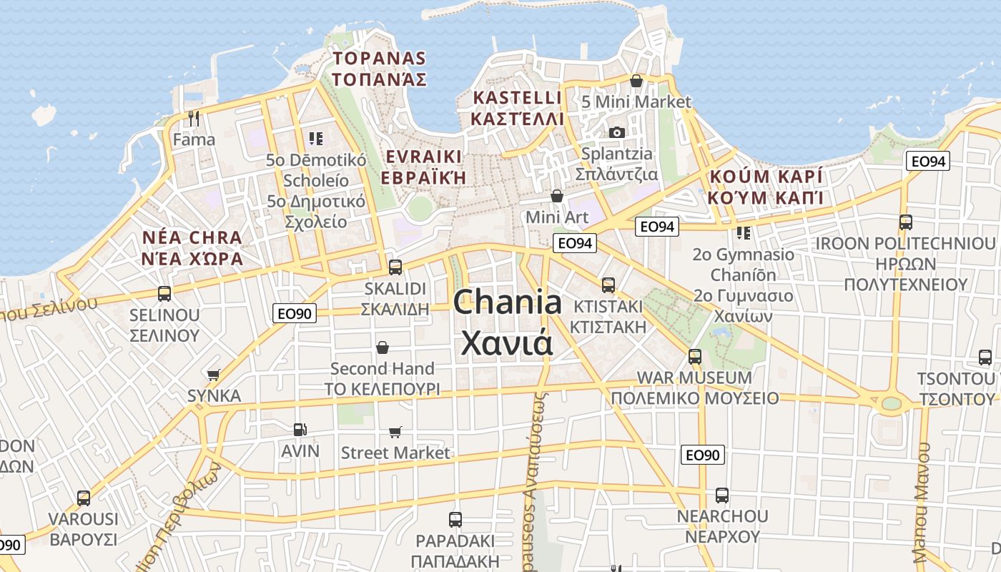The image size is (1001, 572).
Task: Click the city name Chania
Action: click(507, 303)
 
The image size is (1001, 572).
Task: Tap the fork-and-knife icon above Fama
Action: click(194, 118)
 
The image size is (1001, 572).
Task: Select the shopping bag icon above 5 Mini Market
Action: click(636, 81)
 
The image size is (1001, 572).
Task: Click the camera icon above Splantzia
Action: click(616, 132)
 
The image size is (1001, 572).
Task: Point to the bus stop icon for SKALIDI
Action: click(395, 267)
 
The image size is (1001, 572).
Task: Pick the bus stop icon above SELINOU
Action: click(164, 293)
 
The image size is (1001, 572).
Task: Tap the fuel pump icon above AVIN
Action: click(300, 430)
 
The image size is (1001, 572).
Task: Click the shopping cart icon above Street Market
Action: click(395, 432)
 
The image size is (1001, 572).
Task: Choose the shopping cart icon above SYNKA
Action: click(213, 374)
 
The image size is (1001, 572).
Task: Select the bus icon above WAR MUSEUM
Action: click(694, 356)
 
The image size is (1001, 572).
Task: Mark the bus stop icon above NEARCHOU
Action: click(722, 495)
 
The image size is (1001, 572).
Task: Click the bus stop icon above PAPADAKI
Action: click(455, 520)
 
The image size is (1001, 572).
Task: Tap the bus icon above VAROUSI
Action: click(84, 498)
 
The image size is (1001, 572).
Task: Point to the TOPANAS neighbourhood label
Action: click(380, 59)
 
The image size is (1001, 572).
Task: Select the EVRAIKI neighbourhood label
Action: click(423, 157)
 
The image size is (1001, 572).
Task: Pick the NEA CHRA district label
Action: click(192, 237)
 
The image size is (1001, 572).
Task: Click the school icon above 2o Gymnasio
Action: click(744, 233)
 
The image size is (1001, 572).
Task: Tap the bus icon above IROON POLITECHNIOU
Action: click(906, 222)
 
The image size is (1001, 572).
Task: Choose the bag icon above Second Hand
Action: click(383, 347)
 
